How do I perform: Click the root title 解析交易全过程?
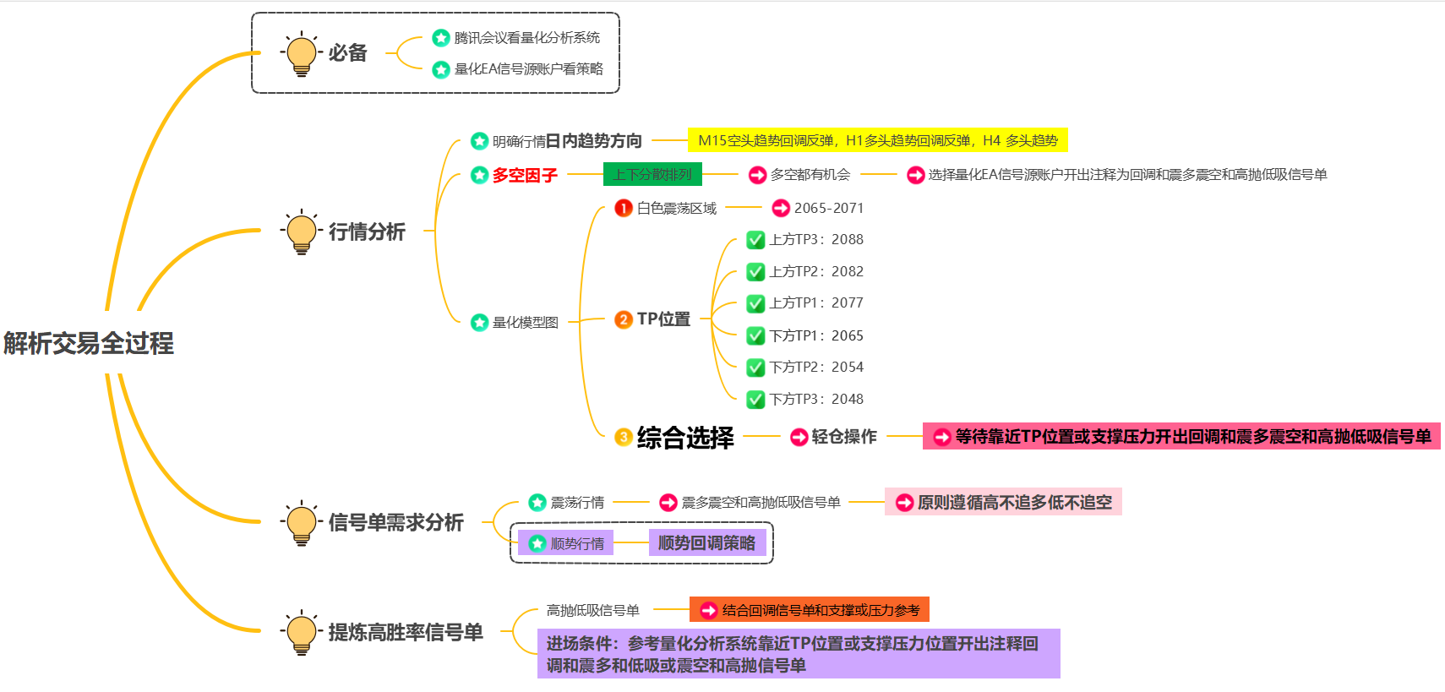pos(89,343)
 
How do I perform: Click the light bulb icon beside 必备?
pos(301,54)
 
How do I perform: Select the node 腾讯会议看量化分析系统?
pos(526,38)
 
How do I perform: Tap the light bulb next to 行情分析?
pos(301,232)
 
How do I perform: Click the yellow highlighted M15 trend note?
pos(877,140)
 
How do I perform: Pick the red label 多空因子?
pos(525,175)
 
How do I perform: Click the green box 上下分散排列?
pos(652,175)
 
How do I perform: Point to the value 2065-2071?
pos(828,208)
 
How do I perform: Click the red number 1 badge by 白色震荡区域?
pos(624,208)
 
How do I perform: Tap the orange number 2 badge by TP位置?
pos(624,319)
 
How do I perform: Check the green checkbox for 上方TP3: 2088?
pos(755,240)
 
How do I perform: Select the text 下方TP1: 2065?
pos(816,335)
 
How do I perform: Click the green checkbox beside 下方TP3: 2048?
pos(755,399)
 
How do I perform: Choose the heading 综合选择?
pos(685,438)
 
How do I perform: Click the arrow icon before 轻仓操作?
pos(799,437)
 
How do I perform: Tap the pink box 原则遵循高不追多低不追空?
pos(1003,503)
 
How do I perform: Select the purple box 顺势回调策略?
pos(706,543)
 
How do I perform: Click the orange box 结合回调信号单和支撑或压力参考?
pos(810,610)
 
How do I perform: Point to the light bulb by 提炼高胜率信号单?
pos(301,632)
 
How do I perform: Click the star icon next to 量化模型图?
pos(479,322)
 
